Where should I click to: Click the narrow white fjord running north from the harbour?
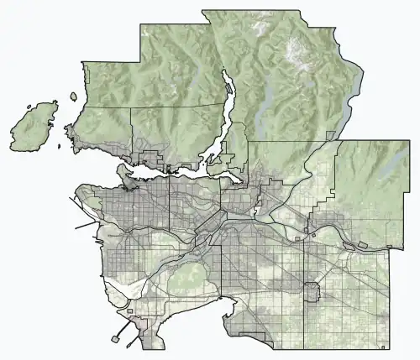[224, 105]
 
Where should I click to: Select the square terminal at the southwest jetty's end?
[113, 341]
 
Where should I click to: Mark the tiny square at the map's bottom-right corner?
[383, 345]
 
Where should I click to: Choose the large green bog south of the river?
[186, 282]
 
